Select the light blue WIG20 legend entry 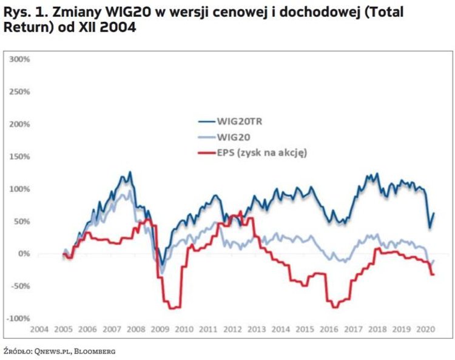234,137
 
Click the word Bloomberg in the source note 95,351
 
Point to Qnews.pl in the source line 53,351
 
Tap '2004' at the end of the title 108,28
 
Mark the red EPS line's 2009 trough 172,308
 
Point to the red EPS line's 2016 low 334,307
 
